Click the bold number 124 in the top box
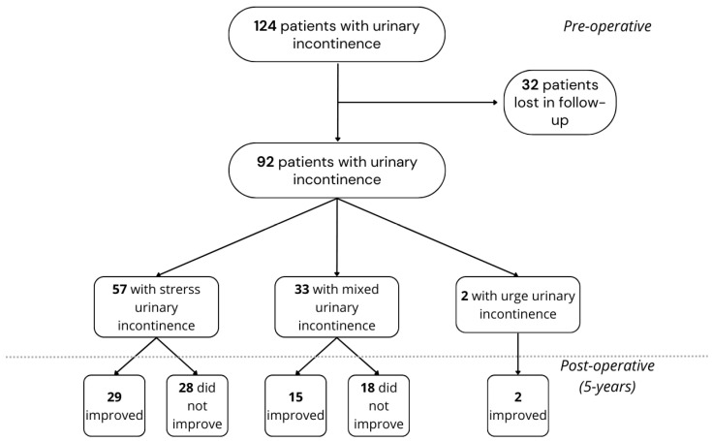coord(264,26)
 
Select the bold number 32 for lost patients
coord(530,85)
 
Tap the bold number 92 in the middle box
coord(265,162)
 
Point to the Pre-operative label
coord(607,26)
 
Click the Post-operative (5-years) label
coord(607,376)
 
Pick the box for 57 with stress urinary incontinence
coord(156,307)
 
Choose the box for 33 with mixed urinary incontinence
coord(336,307)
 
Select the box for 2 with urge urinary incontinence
coord(517,304)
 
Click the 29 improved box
coord(114,405)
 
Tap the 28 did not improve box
coord(197,405)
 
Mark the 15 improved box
coord(295,405)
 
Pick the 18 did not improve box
coord(378,405)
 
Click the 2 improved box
coord(517,405)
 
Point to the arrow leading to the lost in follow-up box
coord(418,102)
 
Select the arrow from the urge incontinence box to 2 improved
coord(517,354)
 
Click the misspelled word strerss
coord(180,289)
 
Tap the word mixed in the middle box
coord(360,289)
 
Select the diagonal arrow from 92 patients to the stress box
coord(247,237)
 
